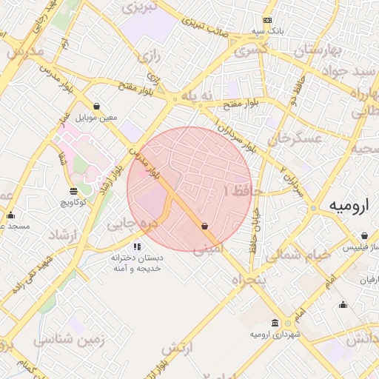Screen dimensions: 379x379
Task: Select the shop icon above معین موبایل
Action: (x=97, y=107)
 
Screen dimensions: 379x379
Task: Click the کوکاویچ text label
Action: (x=73, y=201)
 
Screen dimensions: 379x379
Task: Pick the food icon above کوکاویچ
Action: (x=73, y=191)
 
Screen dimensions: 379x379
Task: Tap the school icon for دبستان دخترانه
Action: (x=137, y=246)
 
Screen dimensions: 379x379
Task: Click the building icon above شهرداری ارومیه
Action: (x=275, y=323)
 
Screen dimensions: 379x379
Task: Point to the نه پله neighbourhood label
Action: (x=198, y=95)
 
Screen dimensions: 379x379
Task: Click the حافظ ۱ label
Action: (x=237, y=191)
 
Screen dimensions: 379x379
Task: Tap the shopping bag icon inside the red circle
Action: (x=204, y=227)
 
